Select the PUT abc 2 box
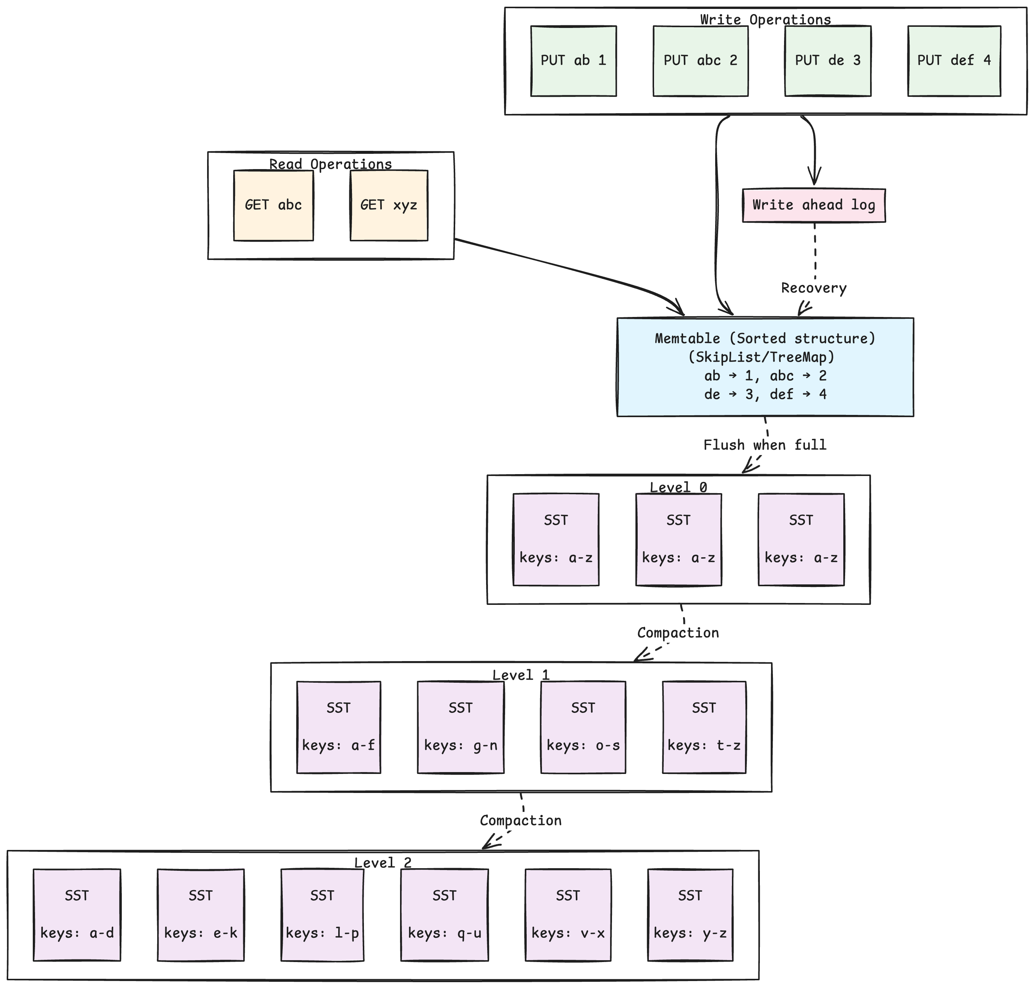click(700, 61)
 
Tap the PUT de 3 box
click(827, 61)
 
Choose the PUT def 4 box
click(954, 61)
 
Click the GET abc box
click(273, 205)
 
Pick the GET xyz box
click(388, 205)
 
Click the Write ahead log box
click(813, 205)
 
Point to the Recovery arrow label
click(813, 288)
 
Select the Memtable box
click(765, 367)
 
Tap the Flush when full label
click(765, 445)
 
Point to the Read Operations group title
click(330, 164)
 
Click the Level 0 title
click(678, 488)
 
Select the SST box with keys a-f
click(338, 727)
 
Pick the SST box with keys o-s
click(583, 727)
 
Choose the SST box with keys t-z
click(704, 727)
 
